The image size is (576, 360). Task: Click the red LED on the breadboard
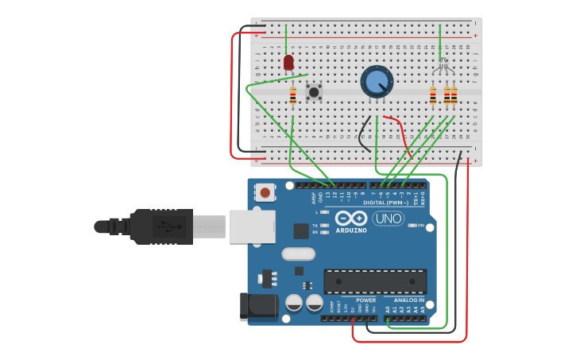pos(288,62)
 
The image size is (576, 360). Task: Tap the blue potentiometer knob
pos(377,81)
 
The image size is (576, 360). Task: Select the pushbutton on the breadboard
pos(315,92)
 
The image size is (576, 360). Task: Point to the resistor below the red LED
pos(293,95)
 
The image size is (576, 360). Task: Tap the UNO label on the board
pos(389,219)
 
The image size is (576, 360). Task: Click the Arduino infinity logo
pos(350,219)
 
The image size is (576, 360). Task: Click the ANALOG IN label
pos(410,300)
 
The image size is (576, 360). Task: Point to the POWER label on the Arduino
pos(365,300)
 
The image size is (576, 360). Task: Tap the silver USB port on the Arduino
pos(252,226)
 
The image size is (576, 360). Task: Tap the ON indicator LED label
pos(421,226)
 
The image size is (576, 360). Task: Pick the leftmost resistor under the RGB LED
pos(433,96)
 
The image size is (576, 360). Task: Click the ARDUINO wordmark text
pos(350,230)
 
